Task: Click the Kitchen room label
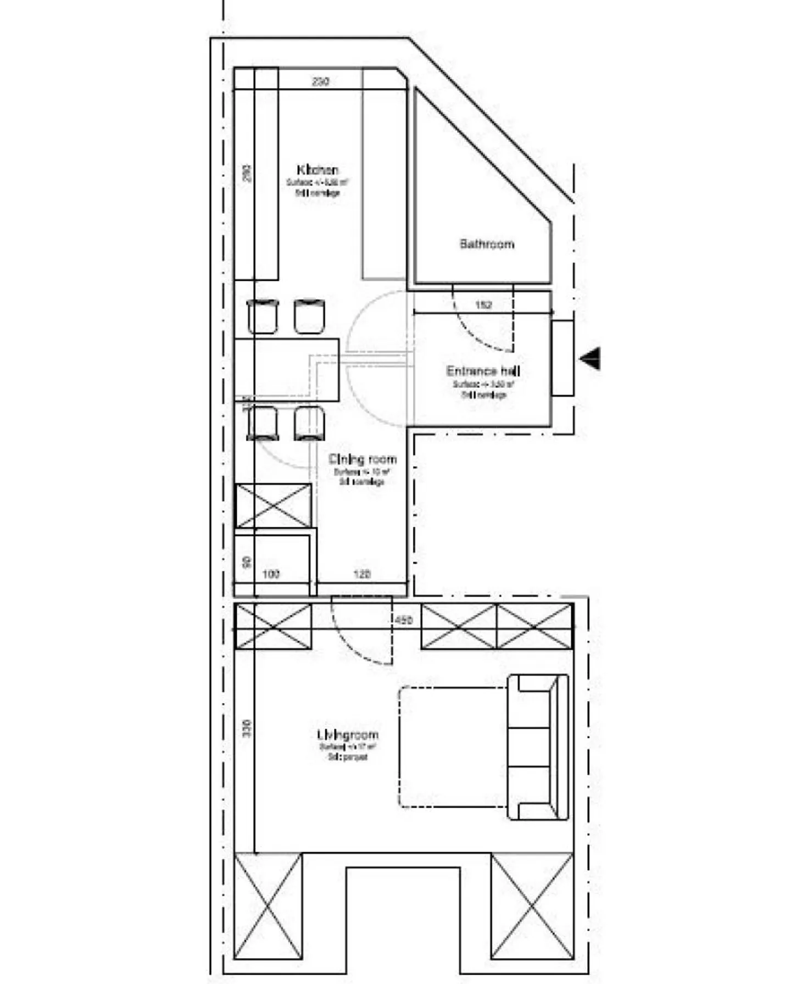pyautogui.click(x=317, y=170)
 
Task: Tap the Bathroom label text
pyautogui.click(x=487, y=243)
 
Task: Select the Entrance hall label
pyautogui.click(x=483, y=371)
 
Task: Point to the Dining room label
pyautogui.click(x=362, y=459)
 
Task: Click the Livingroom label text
pyautogui.click(x=348, y=735)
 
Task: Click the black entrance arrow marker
pyautogui.click(x=591, y=358)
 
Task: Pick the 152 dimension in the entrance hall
pyautogui.click(x=483, y=305)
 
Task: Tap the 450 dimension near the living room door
pyautogui.click(x=404, y=620)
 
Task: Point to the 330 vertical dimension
pyautogui.click(x=247, y=729)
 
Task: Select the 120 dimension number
pyautogui.click(x=361, y=574)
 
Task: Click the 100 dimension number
pyautogui.click(x=271, y=574)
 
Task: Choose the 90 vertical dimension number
pyautogui.click(x=247, y=562)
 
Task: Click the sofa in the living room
pyautogui.click(x=538, y=747)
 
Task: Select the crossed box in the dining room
pyautogui.click(x=273, y=506)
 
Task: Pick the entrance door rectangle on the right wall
pyautogui.click(x=562, y=358)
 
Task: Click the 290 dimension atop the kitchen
pyautogui.click(x=320, y=81)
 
